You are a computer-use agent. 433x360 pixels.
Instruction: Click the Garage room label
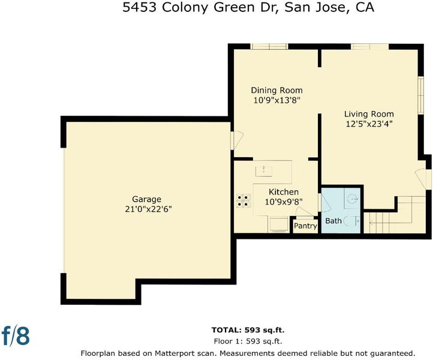pos(147,199)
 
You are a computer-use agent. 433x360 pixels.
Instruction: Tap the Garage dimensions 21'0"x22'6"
pos(148,209)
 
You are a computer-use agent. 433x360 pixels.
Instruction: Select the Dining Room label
pos(276,91)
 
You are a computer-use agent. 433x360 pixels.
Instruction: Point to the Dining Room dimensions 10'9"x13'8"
pos(276,100)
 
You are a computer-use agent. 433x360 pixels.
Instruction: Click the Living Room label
pos(369,114)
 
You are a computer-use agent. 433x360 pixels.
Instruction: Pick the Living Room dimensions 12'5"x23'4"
pos(369,124)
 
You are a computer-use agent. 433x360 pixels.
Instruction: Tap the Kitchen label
pos(284,192)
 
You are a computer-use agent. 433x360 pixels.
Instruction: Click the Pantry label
pos(305,226)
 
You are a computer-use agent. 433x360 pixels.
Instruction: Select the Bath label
pos(333,221)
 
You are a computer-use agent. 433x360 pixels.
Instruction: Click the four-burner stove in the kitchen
pos(243,201)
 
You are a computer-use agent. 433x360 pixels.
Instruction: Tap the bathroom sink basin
pos(352,198)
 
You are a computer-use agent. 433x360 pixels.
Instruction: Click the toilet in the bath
pos(352,221)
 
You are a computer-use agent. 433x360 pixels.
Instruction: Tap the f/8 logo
pos(16,335)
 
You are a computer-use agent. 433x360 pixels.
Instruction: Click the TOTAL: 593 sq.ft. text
pos(248,330)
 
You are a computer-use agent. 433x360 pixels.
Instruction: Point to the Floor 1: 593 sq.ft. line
pos(248,341)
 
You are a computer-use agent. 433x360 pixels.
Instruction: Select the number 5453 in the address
pos(140,7)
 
